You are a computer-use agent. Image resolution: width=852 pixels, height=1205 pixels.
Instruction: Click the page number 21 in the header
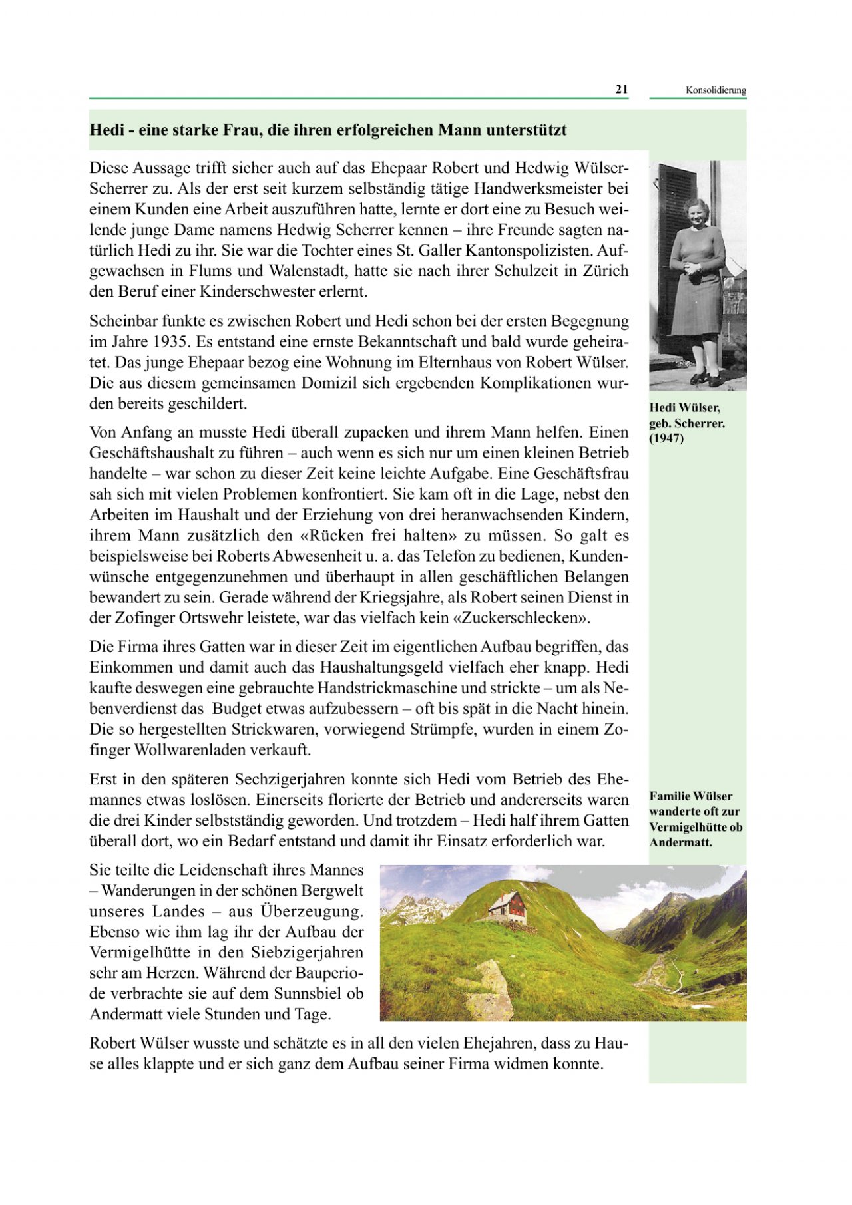(x=621, y=90)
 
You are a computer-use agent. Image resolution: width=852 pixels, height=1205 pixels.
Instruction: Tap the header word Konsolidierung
(x=716, y=90)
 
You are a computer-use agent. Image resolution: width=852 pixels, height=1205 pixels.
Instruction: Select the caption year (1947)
(x=666, y=438)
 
